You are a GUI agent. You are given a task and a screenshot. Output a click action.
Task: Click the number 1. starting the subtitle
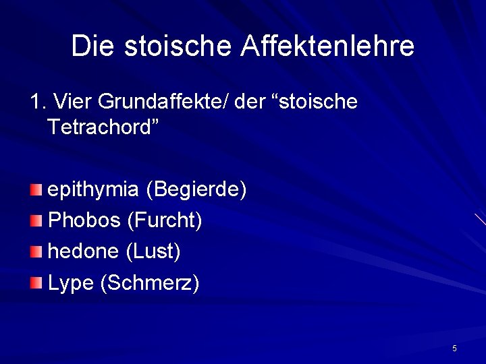coord(38,102)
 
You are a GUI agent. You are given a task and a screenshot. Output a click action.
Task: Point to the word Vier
coord(72,102)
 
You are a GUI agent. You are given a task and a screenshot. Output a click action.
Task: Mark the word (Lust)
coord(153,251)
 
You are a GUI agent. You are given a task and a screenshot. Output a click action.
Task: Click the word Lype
coord(70,283)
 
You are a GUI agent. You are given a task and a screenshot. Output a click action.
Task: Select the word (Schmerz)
coord(149,283)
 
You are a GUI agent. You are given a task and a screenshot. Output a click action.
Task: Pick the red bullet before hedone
coord(36,251)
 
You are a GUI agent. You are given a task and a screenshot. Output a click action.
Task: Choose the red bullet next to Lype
coord(36,282)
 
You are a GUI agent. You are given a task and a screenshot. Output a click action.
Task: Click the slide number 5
coord(454,348)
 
